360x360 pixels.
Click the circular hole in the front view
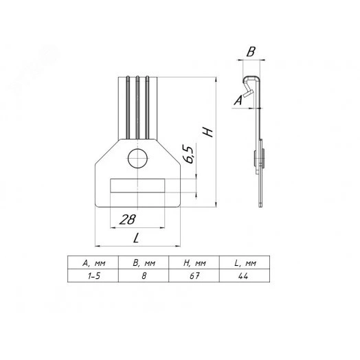pyautogui.click(x=137, y=159)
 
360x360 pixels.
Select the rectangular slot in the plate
pyautogui.click(x=137, y=185)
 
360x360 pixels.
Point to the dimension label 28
pyautogui.click(x=128, y=219)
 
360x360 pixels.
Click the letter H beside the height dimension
pyautogui.click(x=208, y=132)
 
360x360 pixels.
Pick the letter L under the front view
pyautogui.click(x=136, y=238)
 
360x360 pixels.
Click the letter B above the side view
pyautogui.click(x=251, y=52)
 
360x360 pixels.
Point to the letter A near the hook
pyautogui.click(x=238, y=100)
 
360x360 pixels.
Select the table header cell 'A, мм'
pyautogui.click(x=93, y=263)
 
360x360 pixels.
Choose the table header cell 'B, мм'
pyautogui.click(x=144, y=263)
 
